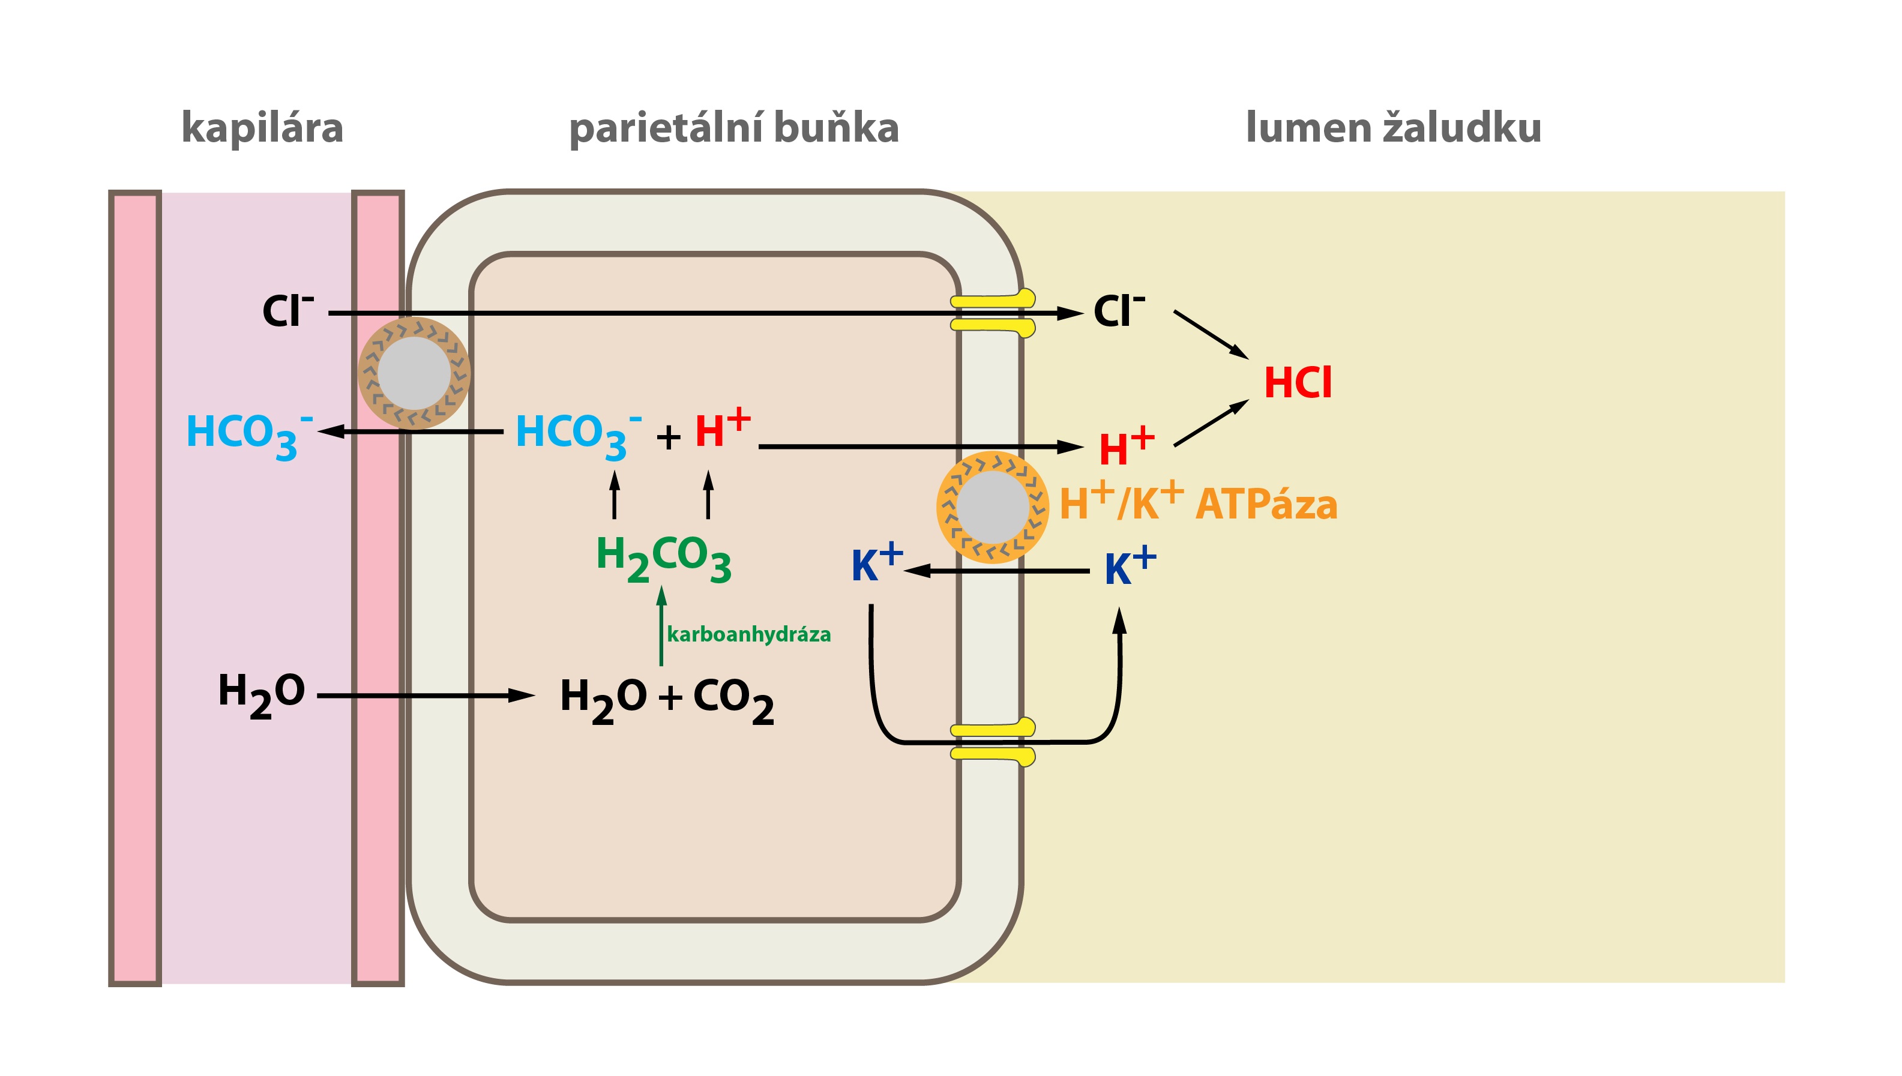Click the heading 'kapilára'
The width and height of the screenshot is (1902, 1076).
pyautogui.click(x=262, y=128)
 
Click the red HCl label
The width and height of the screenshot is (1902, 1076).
pyautogui.click(x=1298, y=383)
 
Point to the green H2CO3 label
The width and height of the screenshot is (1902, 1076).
pyautogui.click(x=664, y=558)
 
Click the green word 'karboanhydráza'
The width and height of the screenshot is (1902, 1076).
pyautogui.click(x=748, y=634)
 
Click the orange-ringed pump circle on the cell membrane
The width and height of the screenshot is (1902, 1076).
pyautogui.click(x=992, y=508)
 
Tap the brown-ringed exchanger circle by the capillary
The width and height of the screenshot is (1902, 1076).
pyautogui.click(x=414, y=373)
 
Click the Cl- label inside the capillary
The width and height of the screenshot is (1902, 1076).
pyautogui.click(x=288, y=310)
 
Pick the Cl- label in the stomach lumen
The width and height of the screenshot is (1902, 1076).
pyautogui.click(x=1119, y=310)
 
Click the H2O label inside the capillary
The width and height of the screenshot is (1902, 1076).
pyautogui.click(x=262, y=696)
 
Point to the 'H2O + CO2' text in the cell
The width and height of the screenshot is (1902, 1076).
pyautogui.click(x=667, y=700)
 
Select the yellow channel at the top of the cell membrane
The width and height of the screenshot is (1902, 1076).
pyautogui.click(x=992, y=313)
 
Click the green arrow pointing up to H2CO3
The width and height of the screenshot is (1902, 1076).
pyautogui.click(x=661, y=626)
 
